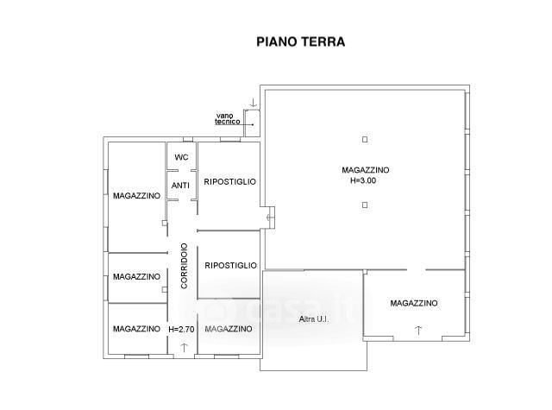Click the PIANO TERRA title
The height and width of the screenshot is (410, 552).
point(301,42)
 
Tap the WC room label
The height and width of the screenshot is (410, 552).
point(181,157)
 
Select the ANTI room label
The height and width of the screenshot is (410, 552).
point(180,186)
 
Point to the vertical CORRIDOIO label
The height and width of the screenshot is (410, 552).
point(184,266)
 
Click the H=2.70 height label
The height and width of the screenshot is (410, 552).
point(181,330)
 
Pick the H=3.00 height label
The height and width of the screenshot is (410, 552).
point(363,180)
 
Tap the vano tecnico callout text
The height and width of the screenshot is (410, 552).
point(228,119)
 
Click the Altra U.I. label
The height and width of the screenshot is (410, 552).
point(314,319)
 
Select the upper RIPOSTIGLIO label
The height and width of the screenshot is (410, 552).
point(230,182)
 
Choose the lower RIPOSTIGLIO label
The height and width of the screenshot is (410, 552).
point(230,265)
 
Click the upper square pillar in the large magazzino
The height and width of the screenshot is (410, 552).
point(365,140)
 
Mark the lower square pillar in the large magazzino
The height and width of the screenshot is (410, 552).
point(365,205)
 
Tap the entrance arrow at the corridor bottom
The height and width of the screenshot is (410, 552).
point(184,348)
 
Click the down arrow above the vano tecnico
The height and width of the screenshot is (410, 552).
point(253,103)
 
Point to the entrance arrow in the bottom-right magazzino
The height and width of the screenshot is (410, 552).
point(418,331)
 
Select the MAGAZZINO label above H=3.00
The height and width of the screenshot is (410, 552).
point(366,170)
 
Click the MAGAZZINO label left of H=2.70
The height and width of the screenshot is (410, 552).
point(136,329)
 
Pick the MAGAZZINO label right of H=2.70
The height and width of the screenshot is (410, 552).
point(229,329)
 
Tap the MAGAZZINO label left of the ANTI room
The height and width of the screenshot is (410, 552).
point(136,196)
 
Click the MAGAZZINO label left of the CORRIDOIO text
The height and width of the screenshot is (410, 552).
point(136,277)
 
